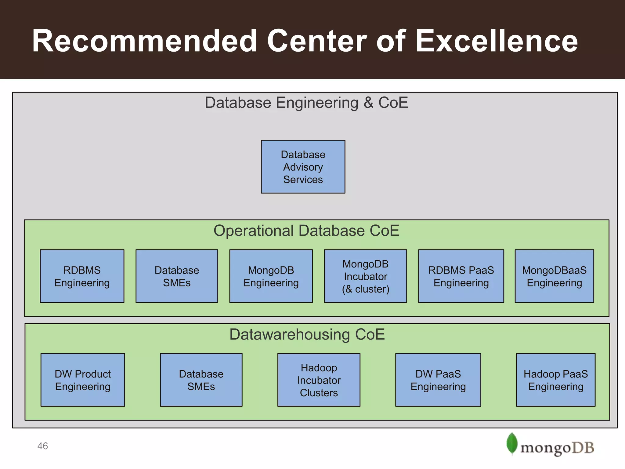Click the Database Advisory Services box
click(x=303, y=167)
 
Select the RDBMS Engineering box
click(x=82, y=276)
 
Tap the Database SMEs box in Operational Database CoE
click(x=177, y=276)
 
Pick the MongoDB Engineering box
click(x=271, y=276)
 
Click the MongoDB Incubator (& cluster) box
click(x=365, y=276)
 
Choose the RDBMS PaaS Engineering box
click(x=461, y=276)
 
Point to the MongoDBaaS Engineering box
click(x=554, y=276)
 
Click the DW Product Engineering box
click(x=83, y=380)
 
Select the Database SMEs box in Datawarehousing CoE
click(x=201, y=380)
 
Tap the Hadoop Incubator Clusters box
click(x=319, y=380)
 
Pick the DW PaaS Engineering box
click(x=438, y=380)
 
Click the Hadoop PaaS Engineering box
click(x=556, y=380)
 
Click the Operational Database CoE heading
click(x=306, y=231)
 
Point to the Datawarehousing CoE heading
click(x=307, y=334)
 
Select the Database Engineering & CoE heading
click(x=306, y=103)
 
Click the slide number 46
click(x=43, y=446)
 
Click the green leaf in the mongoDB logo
click(x=512, y=443)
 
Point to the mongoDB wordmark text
click(x=557, y=448)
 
